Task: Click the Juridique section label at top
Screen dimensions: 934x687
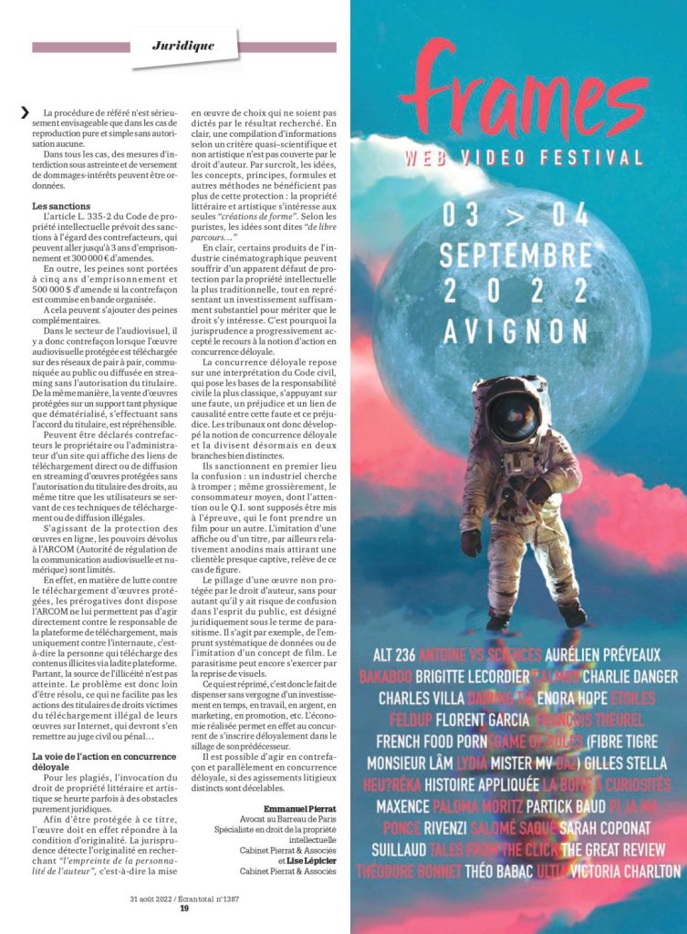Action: [x=183, y=45]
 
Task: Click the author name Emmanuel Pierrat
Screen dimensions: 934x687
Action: [x=300, y=808]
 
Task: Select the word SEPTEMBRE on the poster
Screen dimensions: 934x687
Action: [x=515, y=254]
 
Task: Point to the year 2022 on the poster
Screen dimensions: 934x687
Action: [x=515, y=291]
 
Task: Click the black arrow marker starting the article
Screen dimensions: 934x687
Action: [x=25, y=113]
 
